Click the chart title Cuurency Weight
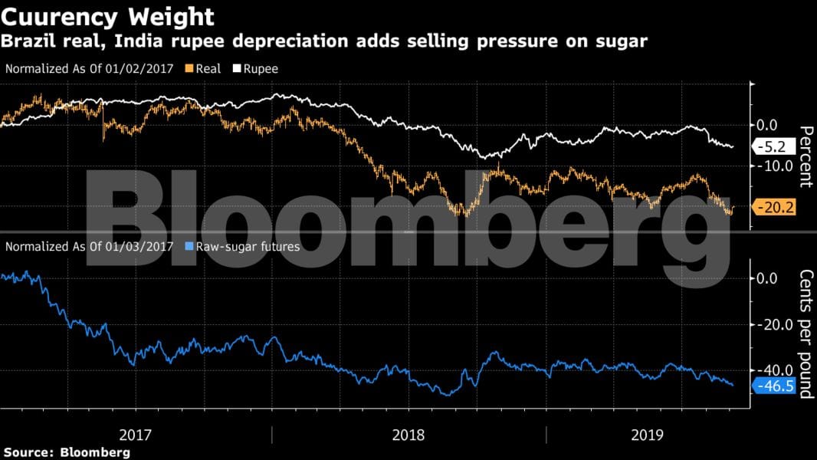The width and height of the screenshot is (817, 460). (108, 16)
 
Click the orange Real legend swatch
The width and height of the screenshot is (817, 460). (189, 69)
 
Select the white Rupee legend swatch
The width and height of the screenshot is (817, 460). (238, 69)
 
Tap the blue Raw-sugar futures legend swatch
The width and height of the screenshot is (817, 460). (190, 247)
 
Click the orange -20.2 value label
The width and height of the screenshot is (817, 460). (776, 206)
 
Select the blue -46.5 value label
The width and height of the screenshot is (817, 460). (776, 386)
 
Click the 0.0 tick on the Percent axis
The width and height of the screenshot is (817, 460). (766, 125)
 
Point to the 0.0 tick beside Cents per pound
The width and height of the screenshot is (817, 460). (766, 278)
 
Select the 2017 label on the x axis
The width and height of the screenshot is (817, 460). (136, 435)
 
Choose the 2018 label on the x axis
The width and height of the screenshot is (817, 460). (408, 435)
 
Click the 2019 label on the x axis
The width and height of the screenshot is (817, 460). (648, 435)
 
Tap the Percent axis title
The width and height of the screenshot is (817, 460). (805, 157)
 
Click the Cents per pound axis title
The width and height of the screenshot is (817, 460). (805, 334)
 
